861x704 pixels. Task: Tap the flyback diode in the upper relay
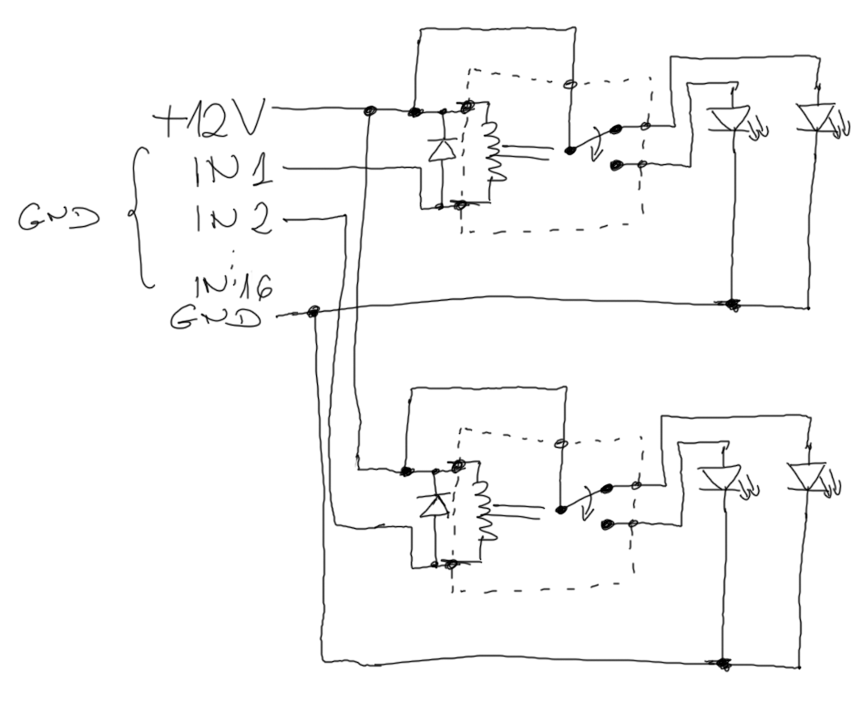point(442,148)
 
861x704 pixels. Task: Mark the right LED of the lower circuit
point(805,477)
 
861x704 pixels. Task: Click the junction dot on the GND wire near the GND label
point(313,313)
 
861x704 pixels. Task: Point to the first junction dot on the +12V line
point(370,112)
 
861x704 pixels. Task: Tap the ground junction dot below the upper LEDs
point(731,303)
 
